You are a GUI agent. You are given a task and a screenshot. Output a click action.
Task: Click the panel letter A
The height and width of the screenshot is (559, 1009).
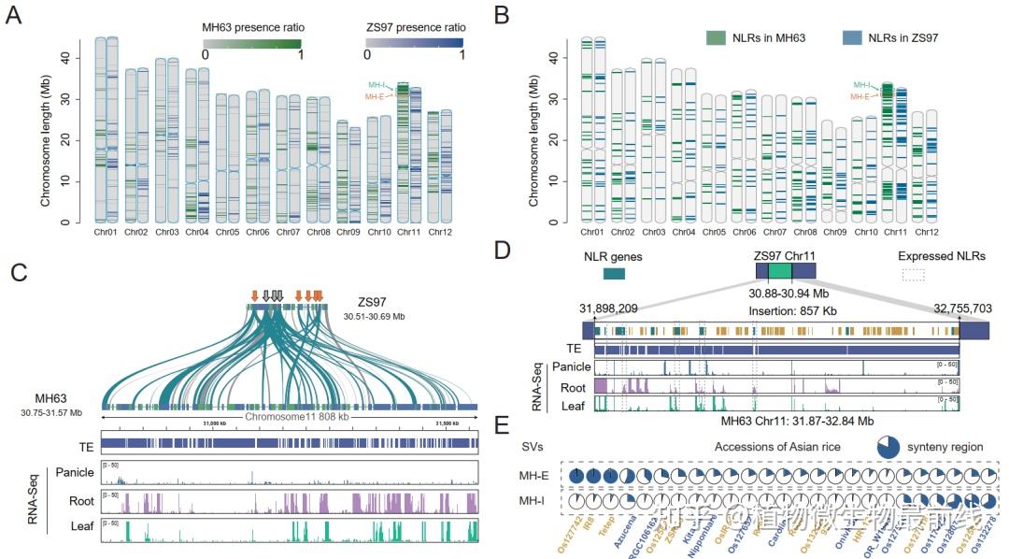[13, 15]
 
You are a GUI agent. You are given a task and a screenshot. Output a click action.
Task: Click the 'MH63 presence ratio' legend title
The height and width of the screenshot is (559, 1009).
[252, 26]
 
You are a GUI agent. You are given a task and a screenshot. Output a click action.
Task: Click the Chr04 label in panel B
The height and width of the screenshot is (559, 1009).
[683, 232]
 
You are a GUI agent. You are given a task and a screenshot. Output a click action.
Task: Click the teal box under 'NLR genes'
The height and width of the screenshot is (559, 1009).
[614, 274]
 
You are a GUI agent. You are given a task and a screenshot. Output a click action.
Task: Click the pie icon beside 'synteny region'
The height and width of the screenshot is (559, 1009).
[890, 446]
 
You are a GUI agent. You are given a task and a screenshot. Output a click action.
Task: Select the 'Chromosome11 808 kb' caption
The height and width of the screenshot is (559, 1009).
[291, 418]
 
